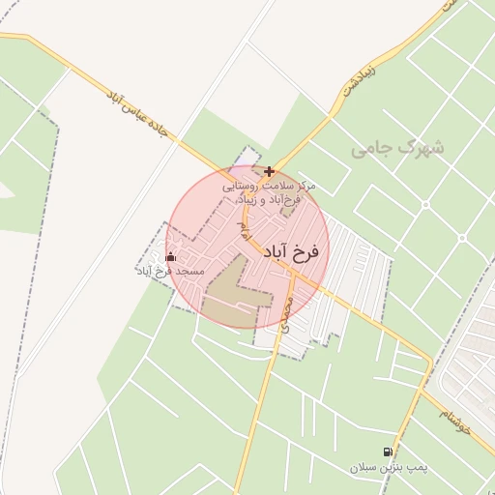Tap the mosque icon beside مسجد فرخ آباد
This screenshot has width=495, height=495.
click(x=171, y=256)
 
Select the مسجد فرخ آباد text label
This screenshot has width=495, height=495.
click(x=170, y=273)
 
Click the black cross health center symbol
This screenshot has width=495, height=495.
click(x=269, y=171)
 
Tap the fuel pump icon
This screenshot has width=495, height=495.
click(x=388, y=451)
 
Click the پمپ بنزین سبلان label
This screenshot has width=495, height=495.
click(x=388, y=467)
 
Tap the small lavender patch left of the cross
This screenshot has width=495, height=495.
click(x=249, y=157)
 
